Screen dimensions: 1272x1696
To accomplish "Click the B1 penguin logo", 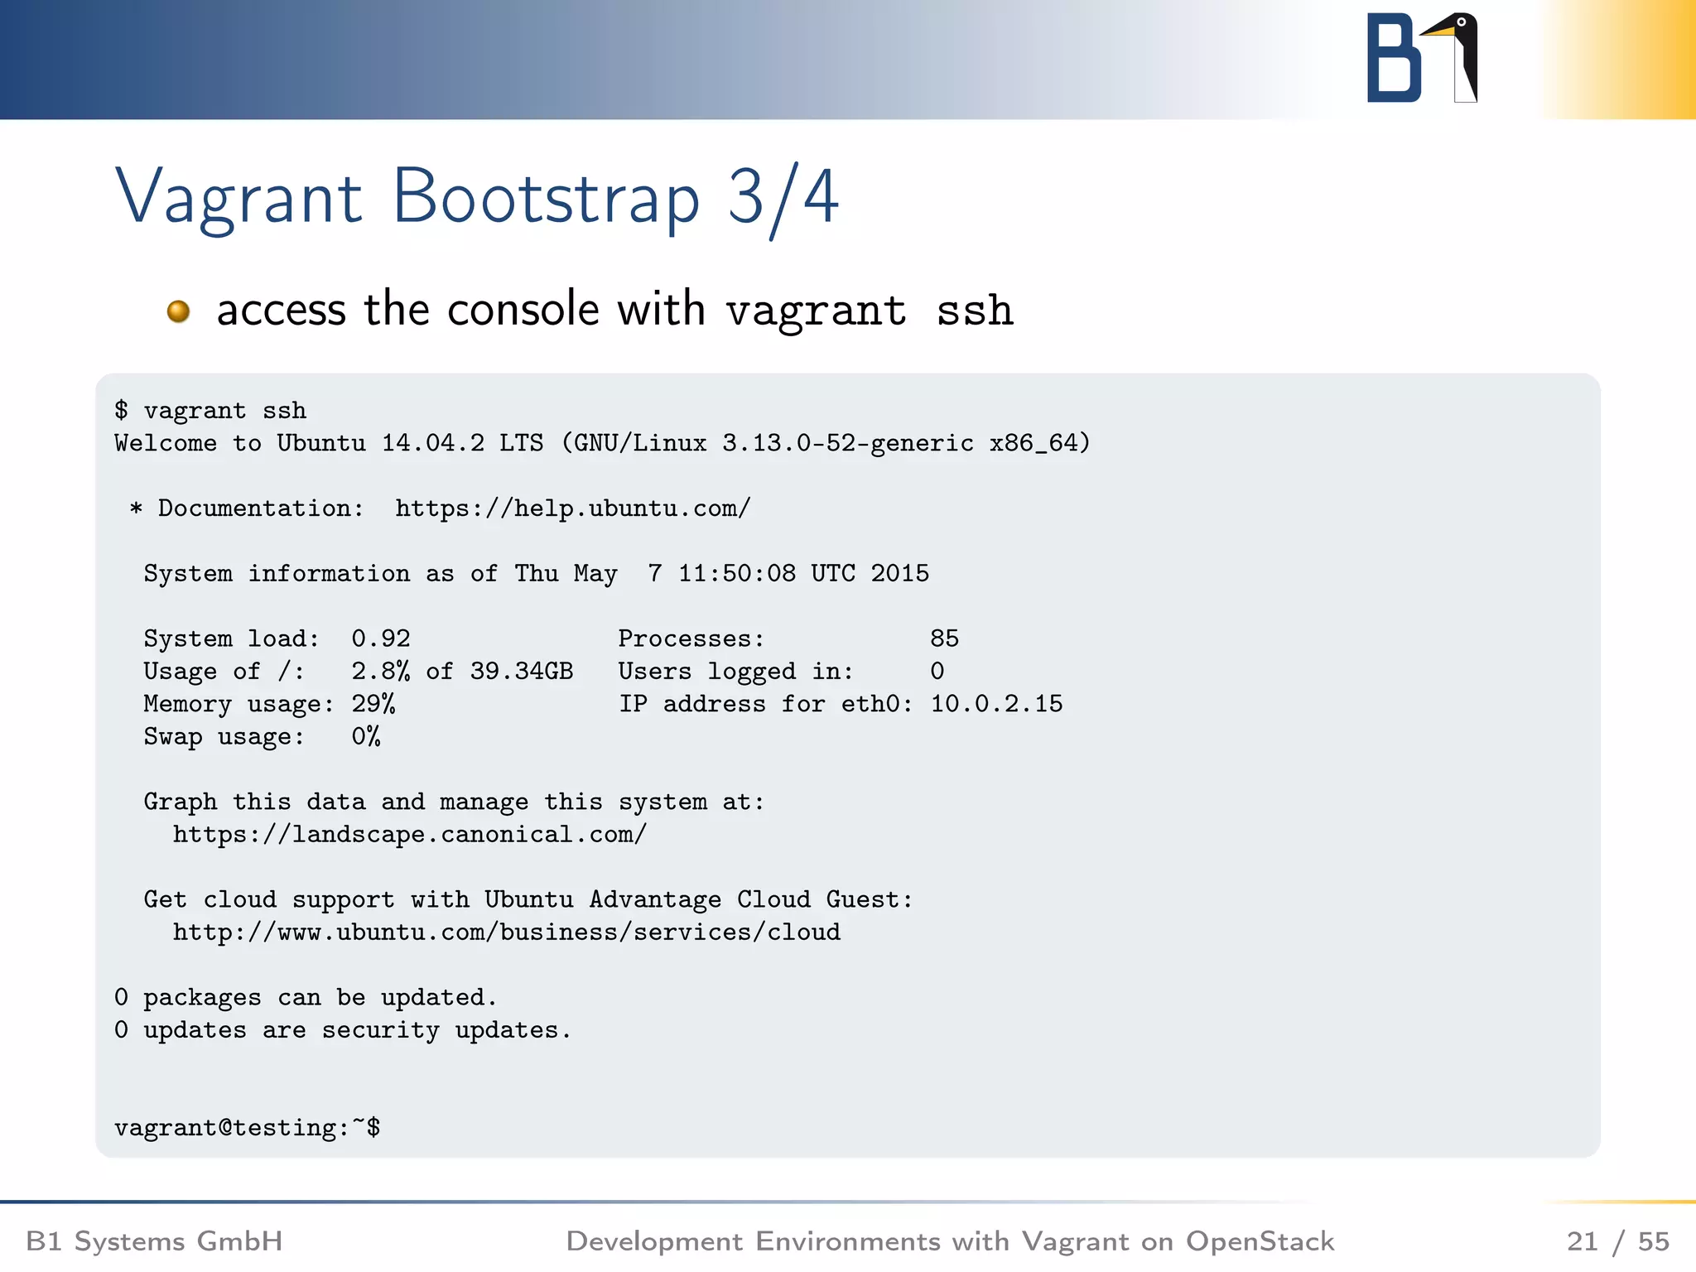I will (x=1422, y=58).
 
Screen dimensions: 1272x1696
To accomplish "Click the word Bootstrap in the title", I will (x=546, y=198).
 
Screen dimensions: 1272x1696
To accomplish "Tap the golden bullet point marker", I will (x=178, y=311).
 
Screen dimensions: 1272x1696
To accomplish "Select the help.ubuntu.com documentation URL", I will (x=572, y=508).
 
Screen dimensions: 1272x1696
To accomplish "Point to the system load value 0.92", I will (x=380, y=638).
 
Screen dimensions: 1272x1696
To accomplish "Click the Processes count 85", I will (x=944, y=638).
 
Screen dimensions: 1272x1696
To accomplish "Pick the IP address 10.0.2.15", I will (x=996, y=704).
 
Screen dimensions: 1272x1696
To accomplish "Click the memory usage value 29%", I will (x=373, y=704).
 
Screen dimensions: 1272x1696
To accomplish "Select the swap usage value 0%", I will (x=365, y=736).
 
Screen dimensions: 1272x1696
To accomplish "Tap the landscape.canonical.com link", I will (x=409, y=834).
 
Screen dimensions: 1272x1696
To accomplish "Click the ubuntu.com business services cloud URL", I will (x=506, y=932).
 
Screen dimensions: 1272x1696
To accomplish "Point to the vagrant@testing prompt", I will (x=247, y=1127).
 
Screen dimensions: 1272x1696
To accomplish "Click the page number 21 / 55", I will (x=1617, y=1241).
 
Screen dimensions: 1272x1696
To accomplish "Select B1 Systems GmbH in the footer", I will (x=154, y=1241).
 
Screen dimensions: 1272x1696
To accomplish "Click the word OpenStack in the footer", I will (x=1260, y=1241).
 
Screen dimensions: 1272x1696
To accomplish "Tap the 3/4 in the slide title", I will (x=783, y=198).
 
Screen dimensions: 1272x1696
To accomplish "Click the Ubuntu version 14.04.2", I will (x=432, y=443).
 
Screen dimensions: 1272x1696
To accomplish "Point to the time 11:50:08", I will (x=736, y=573).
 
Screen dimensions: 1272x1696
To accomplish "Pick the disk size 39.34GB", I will (x=521, y=671).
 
